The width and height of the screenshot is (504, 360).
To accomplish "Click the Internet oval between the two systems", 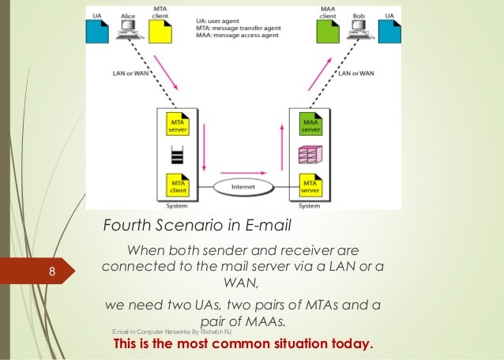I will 243,186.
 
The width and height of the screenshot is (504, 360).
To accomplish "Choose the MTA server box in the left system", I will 177,126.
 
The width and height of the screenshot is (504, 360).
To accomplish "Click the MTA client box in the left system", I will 177,185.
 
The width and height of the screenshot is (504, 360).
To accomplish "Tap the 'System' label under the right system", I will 309,207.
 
